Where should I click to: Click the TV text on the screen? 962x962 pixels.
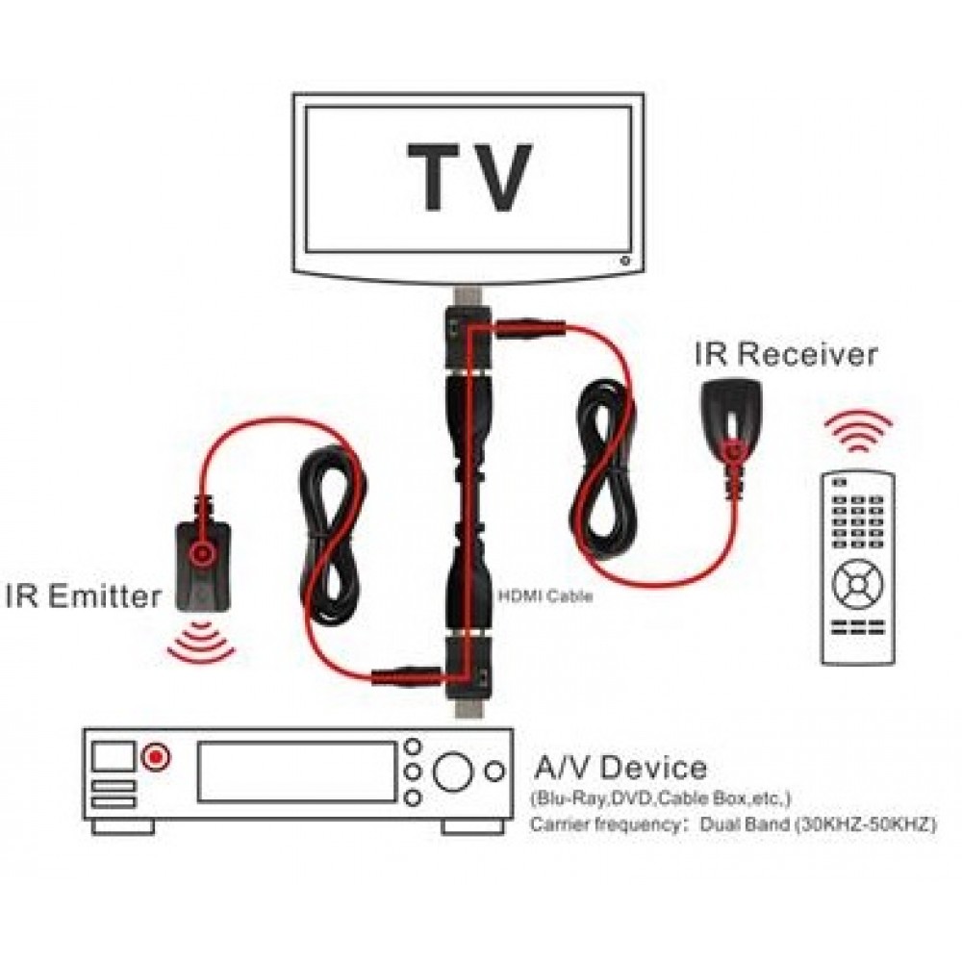[469, 178]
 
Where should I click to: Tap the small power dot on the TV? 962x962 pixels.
[625, 259]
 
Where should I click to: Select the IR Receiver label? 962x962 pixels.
[786, 355]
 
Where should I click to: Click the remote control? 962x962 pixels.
[857, 568]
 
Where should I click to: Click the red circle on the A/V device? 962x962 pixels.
[153, 757]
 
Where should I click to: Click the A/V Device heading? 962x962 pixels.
[620, 769]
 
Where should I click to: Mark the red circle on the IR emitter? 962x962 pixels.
[202, 552]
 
